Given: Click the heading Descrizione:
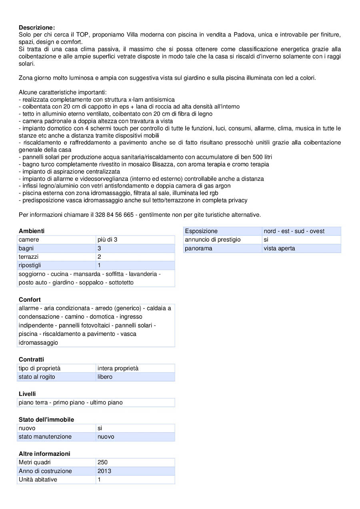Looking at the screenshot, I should coord(37,28).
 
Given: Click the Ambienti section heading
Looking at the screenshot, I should coord(32,231).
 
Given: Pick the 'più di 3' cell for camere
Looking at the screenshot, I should coord(107,240).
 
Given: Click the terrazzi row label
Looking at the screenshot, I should coord(28,257).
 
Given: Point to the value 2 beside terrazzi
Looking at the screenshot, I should coord(100,257).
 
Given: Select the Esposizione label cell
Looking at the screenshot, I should coord(201,231).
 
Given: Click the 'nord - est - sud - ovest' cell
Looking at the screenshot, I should coord(294,231).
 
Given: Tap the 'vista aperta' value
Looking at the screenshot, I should coord(279,248).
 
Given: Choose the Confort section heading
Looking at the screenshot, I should coord(30,299).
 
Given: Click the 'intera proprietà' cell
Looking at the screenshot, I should coord(118,368).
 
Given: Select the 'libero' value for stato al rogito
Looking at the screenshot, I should coord(105,377).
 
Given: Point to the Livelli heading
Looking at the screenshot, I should coord(27,394).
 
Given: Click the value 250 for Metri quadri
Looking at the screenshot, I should coord(103,462).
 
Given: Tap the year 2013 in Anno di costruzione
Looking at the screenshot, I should coord(104,471).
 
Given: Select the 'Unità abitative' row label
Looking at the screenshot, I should coord(38,479).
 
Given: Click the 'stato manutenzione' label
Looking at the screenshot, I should coord(45,437).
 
